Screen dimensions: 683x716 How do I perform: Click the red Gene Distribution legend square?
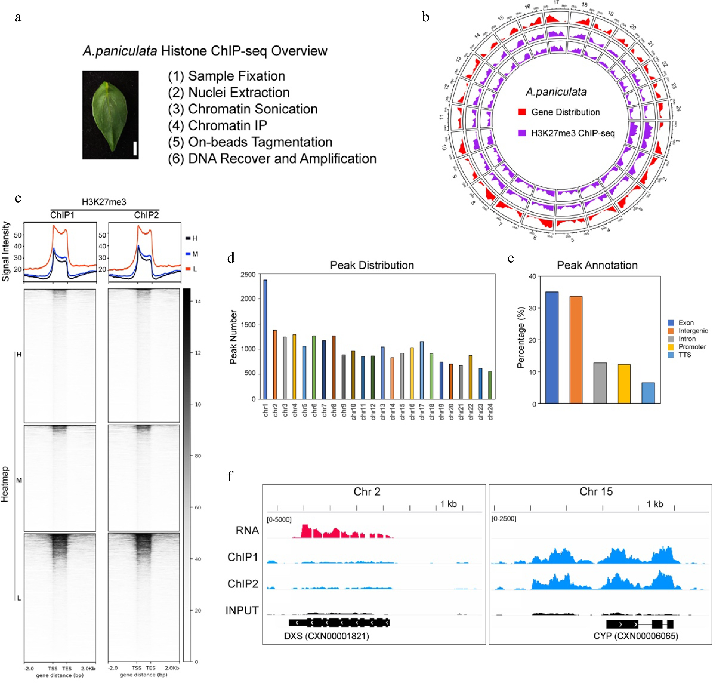click(x=522, y=112)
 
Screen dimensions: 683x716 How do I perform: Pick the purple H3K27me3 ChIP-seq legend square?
click(x=522, y=133)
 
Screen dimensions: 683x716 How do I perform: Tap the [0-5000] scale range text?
click(x=279, y=519)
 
